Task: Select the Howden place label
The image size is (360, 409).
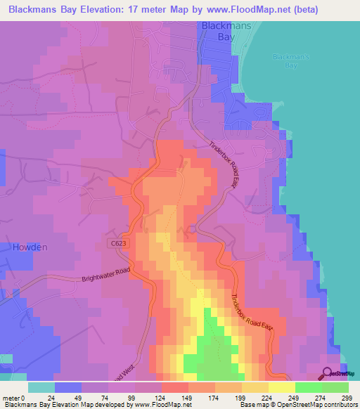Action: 29,247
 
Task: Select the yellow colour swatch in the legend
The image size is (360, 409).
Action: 282,387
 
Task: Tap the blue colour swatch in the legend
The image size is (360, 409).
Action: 68,387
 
